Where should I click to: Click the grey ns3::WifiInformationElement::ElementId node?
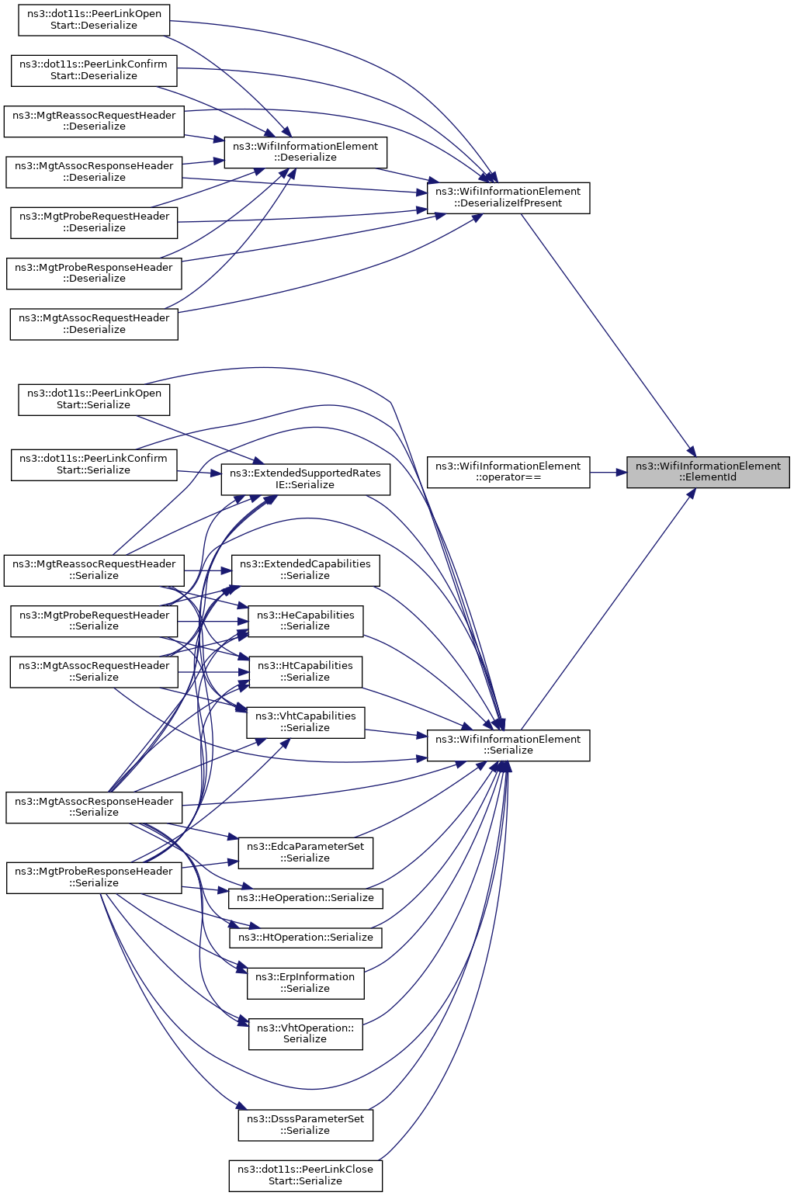point(708,472)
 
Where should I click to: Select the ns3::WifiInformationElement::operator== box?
point(508,472)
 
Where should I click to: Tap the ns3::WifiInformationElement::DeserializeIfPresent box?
point(508,198)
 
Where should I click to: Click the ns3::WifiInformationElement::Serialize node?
point(508,745)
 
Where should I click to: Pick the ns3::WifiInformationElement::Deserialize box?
point(306,153)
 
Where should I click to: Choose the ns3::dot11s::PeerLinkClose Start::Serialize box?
point(306,1175)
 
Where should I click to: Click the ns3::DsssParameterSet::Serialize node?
point(306,1125)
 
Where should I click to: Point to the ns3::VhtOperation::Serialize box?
point(306,1034)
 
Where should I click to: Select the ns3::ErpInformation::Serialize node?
point(306,983)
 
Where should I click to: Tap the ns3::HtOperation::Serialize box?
point(306,938)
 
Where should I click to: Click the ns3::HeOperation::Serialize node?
point(306,898)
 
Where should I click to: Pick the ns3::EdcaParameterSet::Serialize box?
point(306,853)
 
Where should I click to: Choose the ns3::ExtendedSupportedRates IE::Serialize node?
point(306,480)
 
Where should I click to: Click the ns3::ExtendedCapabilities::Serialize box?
point(306,570)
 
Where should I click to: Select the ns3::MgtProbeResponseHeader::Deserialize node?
point(94,273)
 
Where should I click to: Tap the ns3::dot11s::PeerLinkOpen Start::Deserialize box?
point(94,20)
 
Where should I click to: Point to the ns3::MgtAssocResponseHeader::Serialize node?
point(94,807)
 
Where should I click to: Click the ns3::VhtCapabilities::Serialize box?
point(306,723)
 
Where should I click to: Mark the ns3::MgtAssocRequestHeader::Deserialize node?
point(94,324)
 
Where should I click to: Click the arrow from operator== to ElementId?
point(609,472)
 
